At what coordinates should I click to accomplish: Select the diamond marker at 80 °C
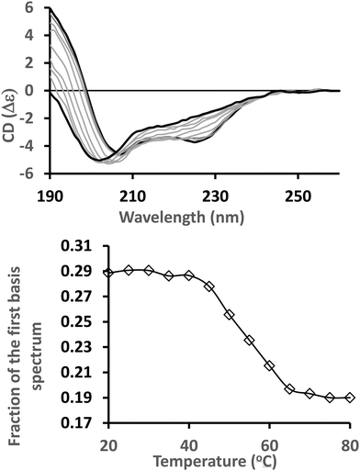point(350,398)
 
